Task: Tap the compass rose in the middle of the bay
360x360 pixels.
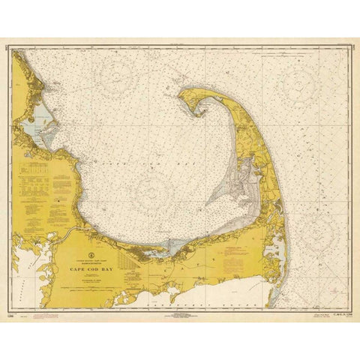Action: [x=158, y=184]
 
